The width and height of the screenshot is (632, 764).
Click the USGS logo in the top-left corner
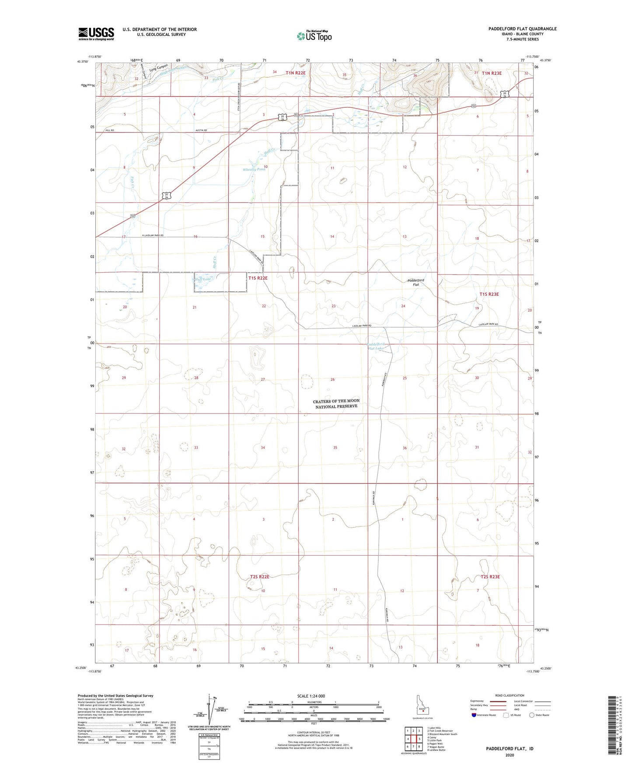[x=96, y=33]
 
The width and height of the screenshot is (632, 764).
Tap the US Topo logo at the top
[x=314, y=35]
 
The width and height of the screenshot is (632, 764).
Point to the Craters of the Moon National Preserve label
[x=336, y=403]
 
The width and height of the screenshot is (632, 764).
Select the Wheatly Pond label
[x=254, y=169]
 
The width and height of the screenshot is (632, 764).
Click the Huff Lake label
[x=203, y=279]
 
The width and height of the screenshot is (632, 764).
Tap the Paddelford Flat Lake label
[x=376, y=346]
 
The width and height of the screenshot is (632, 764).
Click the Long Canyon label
[x=158, y=68]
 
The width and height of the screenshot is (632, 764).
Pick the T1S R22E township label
[x=258, y=278]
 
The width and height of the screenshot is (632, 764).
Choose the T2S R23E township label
[x=490, y=577]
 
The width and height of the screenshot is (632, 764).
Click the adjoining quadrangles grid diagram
[x=413, y=739]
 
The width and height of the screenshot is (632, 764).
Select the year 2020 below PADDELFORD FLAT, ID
[x=510, y=755]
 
